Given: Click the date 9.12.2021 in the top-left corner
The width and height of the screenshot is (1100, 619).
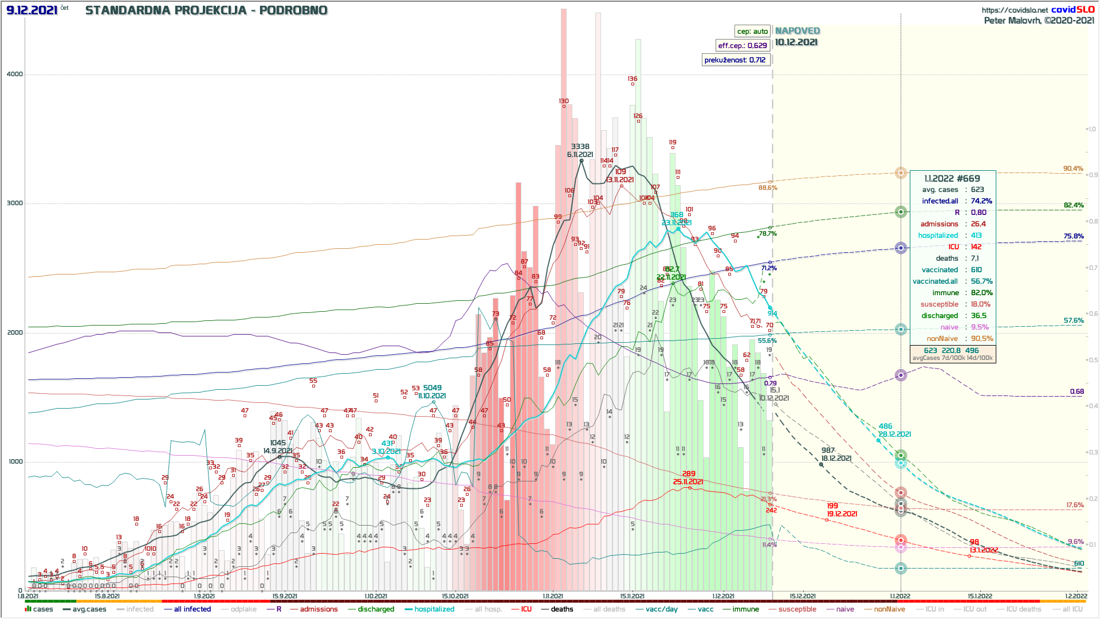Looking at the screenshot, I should [x=32, y=10].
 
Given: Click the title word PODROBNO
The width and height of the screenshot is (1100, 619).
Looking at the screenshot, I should [x=293, y=10].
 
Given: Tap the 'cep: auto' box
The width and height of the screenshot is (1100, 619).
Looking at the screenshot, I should [x=752, y=32].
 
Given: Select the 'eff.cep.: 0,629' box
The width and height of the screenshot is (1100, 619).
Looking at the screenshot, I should [x=742, y=46].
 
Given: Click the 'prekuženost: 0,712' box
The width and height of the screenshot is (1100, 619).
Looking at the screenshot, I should [x=735, y=60].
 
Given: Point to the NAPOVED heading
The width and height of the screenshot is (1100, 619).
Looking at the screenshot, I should [x=797, y=31].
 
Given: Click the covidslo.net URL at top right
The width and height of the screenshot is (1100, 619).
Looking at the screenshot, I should [x=1015, y=10].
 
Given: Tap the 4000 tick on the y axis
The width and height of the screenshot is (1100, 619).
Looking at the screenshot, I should [x=15, y=74].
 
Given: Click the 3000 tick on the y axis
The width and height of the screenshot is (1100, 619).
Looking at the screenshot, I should [x=15, y=203].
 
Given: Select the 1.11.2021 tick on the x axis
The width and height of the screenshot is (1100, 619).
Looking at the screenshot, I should [x=553, y=596].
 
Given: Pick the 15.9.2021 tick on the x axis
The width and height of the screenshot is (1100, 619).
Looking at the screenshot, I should [x=285, y=596].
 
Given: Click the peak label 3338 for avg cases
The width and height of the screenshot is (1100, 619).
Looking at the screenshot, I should [x=580, y=147].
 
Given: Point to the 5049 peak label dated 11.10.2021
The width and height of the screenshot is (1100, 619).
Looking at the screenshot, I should [x=432, y=388].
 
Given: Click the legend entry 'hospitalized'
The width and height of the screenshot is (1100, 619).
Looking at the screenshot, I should [x=434, y=609].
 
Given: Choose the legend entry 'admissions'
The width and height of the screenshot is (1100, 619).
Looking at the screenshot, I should [x=319, y=609].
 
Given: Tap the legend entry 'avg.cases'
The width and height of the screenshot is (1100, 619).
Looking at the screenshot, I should [x=89, y=609].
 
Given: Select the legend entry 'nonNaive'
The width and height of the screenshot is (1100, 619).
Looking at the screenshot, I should [x=889, y=609].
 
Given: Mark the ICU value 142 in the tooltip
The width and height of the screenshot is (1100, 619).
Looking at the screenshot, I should [x=976, y=247].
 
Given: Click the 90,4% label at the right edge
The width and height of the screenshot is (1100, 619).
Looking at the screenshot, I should [x=1073, y=169].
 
